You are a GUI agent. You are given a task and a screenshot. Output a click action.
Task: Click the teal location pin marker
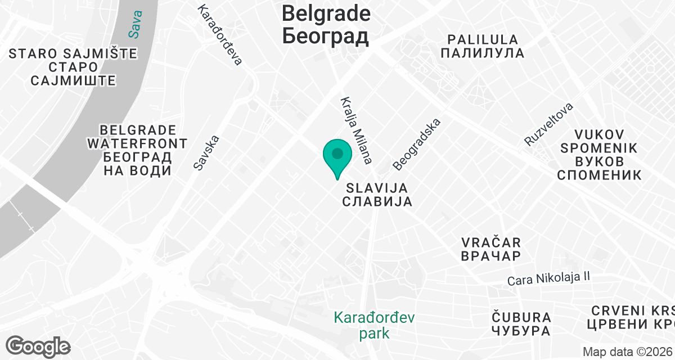[x=337, y=155]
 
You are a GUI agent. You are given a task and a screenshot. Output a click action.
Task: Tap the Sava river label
[x=135, y=24]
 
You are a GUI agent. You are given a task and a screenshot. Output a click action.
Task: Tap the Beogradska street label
[x=417, y=144]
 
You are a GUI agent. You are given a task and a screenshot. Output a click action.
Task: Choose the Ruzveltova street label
[x=548, y=124]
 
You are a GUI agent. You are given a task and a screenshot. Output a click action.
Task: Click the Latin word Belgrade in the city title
[x=326, y=13]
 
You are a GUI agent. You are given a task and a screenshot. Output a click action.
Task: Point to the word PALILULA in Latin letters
[x=482, y=39]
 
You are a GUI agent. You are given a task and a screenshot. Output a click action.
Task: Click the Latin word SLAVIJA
[x=376, y=187]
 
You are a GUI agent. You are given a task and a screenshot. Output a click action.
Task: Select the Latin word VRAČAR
[x=490, y=242]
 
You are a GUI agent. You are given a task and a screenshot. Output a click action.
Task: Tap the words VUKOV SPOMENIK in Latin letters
[x=598, y=141]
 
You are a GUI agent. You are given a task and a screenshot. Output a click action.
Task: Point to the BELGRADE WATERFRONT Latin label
[x=137, y=137]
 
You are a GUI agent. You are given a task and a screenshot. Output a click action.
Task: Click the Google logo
[x=38, y=346]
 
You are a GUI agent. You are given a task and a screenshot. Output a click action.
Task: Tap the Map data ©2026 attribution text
[x=627, y=352]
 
